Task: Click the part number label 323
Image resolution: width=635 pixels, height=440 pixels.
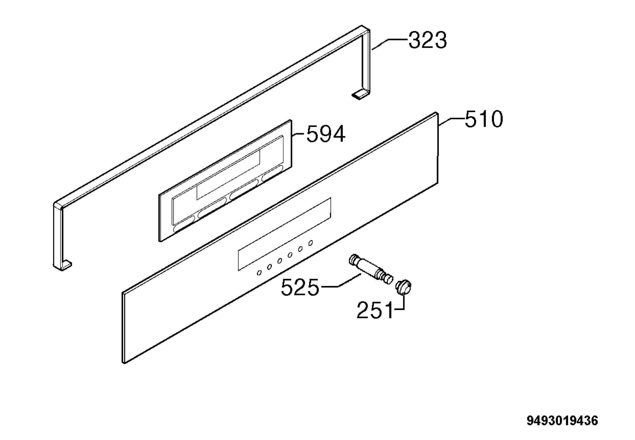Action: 427,40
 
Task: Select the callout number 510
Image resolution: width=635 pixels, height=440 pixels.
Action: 484,119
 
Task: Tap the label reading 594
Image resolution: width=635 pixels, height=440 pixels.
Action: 326,134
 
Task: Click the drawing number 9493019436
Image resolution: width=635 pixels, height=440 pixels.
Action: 563,421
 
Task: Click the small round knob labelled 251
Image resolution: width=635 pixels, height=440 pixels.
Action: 403,287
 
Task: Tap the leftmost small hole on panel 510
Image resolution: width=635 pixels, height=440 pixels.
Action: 259,273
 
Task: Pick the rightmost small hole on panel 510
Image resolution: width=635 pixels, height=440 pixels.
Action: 310,243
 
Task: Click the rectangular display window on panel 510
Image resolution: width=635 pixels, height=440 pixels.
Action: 284,234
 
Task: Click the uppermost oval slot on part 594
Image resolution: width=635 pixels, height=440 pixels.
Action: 272,173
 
